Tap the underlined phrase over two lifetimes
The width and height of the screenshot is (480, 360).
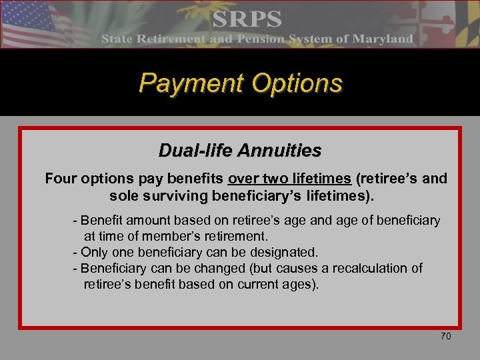(289, 179)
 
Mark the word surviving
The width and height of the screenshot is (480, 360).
(171, 197)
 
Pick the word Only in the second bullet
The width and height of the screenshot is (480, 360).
(95, 252)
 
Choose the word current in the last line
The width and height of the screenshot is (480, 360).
(257, 284)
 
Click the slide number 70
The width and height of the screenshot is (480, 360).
(445, 337)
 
